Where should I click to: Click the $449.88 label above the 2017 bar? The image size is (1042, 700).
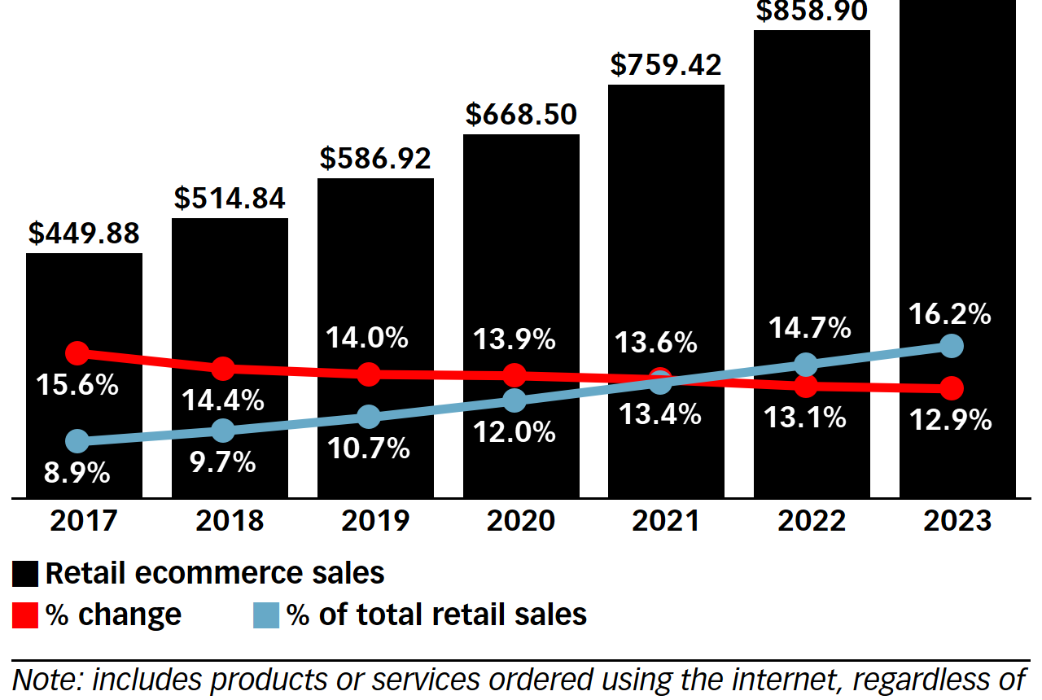84,234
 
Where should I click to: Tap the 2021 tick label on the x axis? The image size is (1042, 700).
666,520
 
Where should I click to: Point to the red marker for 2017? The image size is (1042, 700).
77,353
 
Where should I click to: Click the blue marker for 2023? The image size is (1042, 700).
951,346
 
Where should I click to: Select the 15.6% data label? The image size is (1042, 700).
77,385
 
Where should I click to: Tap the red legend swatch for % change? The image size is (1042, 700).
25,615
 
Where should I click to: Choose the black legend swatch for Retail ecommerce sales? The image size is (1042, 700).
25,575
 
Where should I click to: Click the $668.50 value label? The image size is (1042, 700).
521,115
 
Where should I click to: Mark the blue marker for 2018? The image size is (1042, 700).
223,431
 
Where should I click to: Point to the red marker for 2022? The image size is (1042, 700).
806,386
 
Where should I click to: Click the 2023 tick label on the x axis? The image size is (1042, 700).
957,520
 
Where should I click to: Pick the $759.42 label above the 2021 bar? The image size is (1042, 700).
666,65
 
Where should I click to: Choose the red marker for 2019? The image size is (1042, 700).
369,374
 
